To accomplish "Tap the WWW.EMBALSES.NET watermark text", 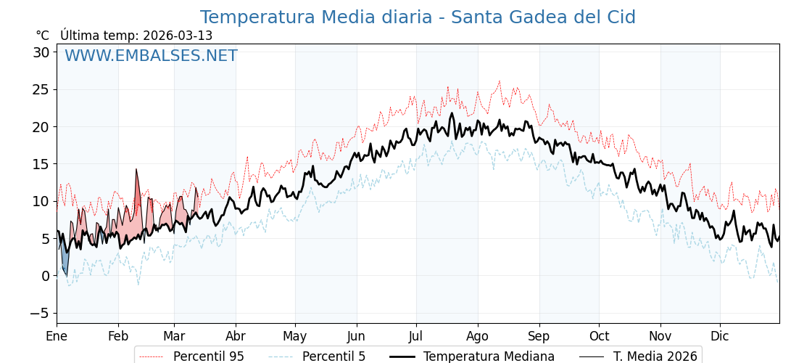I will [151, 56].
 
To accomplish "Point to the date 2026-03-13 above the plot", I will [178, 36].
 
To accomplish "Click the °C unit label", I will [42, 36].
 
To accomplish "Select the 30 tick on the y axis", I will [41, 52].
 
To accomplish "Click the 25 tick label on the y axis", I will [41, 89].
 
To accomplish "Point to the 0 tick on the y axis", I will [45, 276].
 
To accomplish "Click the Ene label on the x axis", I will [57, 336].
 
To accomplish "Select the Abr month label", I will [236, 336].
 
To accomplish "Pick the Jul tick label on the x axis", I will [416, 336].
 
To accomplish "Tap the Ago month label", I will [478, 336].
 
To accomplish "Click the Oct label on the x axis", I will [599, 336].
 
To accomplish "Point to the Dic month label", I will [720, 336].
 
